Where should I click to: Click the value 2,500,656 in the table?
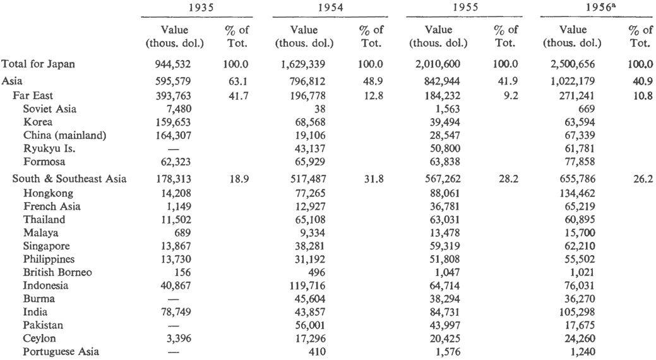(x=573, y=64)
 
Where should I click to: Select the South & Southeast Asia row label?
(x=69, y=179)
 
